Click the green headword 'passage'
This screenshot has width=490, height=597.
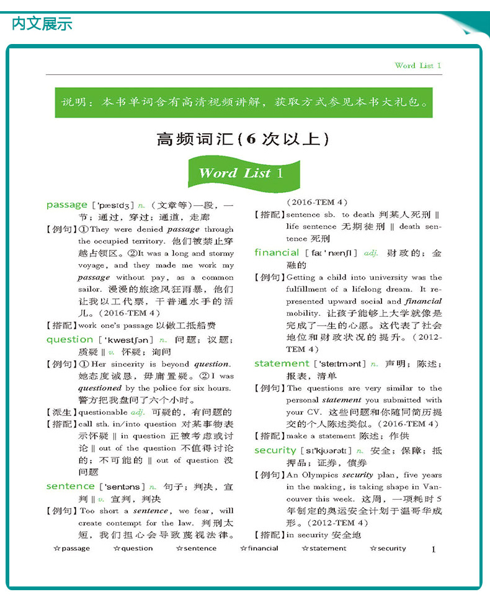(x=67, y=205)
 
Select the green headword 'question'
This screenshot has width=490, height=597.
(x=69, y=339)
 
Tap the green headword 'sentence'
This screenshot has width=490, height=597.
(x=70, y=487)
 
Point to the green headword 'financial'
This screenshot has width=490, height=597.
(x=277, y=252)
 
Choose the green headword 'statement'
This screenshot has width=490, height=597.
(x=282, y=363)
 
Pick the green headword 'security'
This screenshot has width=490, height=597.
(x=275, y=450)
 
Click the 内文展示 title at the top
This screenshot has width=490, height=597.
(x=42, y=24)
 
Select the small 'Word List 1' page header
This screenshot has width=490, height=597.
(x=417, y=65)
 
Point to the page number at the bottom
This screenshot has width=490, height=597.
(x=434, y=549)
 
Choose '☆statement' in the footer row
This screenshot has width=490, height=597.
(x=324, y=548)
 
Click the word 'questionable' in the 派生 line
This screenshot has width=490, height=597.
(x=103, y=412)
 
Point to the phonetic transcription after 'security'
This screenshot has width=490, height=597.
(x=326, y=451)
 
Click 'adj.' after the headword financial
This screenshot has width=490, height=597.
(x=372, y=253)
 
